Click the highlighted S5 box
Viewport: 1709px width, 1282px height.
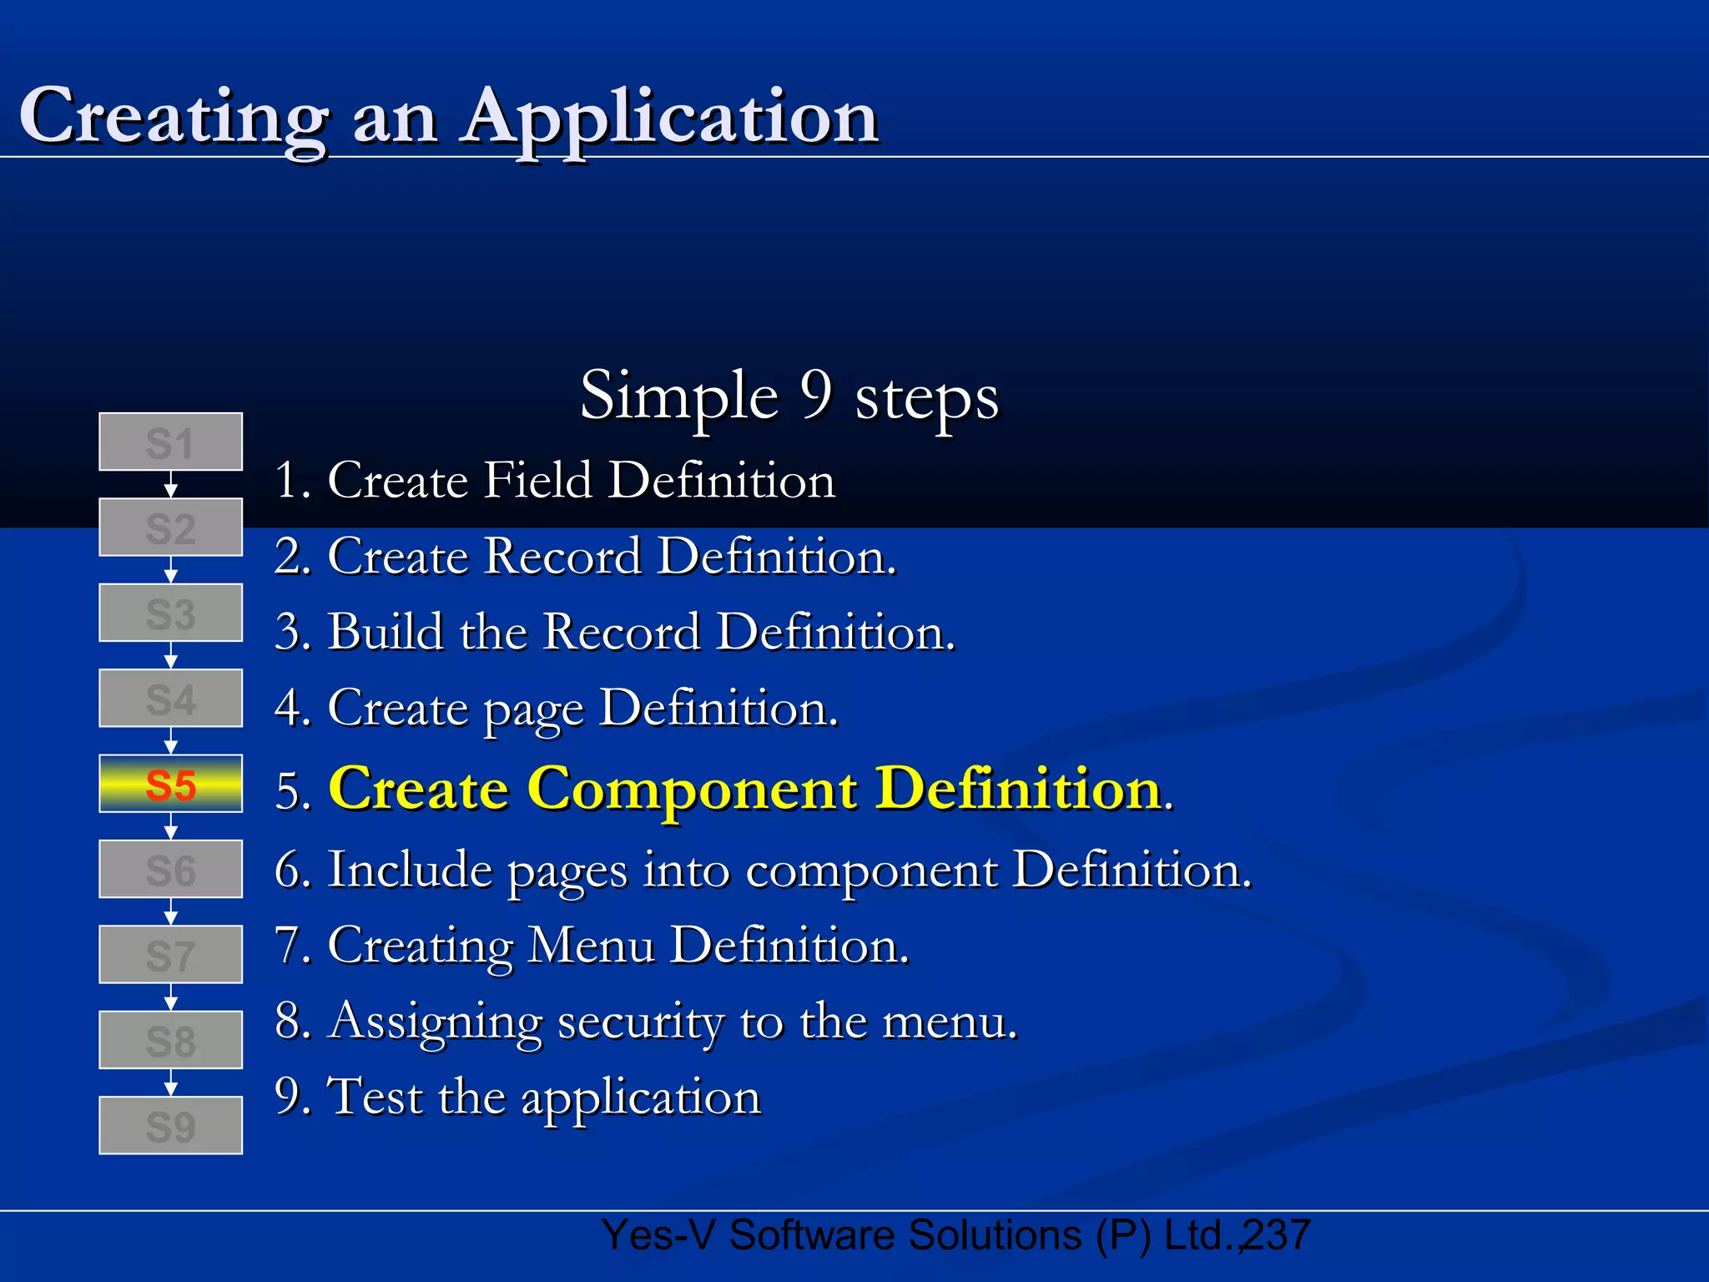coord(170,784)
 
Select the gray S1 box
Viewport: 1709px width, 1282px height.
coord(170,442)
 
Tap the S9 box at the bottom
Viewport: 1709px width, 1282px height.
coord(170,1125)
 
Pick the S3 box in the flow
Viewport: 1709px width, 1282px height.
coord(170,613)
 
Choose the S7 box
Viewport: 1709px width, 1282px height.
coord(170,954)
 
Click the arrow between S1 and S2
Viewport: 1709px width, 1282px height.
coord(170,485)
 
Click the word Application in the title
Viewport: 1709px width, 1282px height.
coord(671,117)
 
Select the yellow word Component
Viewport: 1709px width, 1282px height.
coord(692,788)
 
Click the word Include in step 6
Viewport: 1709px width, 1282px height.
coord(410,870)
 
